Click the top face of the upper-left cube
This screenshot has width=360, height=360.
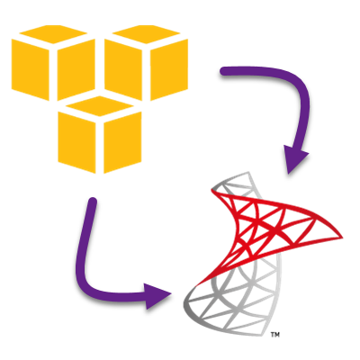tap(53, 34)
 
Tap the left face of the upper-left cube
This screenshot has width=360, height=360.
tap(31, 69)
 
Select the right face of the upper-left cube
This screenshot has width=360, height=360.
tap(76, 69)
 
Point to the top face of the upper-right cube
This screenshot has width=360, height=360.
tap(146, 34)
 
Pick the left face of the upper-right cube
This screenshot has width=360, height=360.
tap(123, 69)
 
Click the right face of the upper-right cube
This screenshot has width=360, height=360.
tap(169, 69)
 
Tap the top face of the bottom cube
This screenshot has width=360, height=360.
tap(100, 106)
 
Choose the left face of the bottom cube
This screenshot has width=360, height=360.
tap(76, 142)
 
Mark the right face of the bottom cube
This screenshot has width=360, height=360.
tap(122, 142)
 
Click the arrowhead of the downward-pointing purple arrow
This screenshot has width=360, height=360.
tap(294, 158)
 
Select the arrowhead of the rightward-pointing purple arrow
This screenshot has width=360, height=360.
tap(156, 296)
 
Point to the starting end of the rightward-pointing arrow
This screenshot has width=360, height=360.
tap(93, 202)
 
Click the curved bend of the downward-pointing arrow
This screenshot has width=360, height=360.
tap(299, 87)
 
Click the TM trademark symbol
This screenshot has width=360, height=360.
tap(275, 334)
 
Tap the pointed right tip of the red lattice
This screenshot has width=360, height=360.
tap(342, 238)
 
